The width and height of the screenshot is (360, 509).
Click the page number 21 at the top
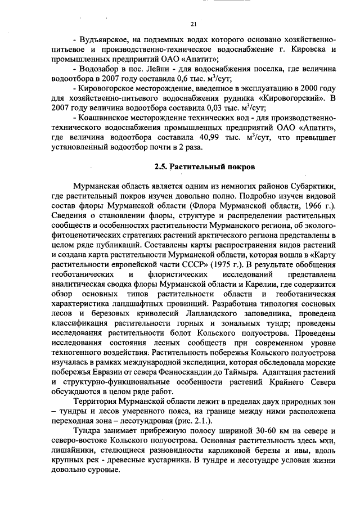click(193, 24)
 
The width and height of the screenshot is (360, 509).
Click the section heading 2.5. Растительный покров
click(205, 167)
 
